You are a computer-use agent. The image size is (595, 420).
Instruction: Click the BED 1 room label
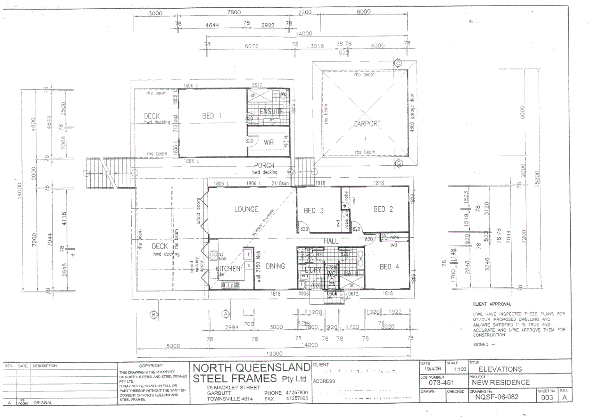(x=212, y=115)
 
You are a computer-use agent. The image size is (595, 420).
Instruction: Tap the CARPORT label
(x=367, y=124)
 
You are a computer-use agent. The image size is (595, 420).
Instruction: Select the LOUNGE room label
(x=246, y=209)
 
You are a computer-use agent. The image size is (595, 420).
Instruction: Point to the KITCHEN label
(x=228, y=268)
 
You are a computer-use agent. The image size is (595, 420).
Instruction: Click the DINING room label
(x=275, y=266)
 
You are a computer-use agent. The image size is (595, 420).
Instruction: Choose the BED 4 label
(x=389, y=266)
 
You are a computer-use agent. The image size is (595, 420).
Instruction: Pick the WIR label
(x=269, y=142)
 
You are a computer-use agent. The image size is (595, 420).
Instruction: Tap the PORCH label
(x=264, y=165)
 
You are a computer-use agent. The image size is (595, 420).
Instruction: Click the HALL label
(x=331, y=241)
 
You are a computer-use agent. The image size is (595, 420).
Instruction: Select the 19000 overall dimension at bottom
(x=274, y=353)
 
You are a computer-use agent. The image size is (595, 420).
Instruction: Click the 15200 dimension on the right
(x=537, y=179)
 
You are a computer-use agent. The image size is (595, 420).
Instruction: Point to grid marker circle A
(x=225, y=314)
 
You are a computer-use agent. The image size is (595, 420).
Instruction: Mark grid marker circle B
(x=154, y=315)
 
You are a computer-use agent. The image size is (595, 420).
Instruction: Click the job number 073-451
(x=441, y=383)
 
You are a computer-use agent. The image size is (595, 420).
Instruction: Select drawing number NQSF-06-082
(x=496, y=397)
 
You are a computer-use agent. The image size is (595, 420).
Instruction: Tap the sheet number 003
(x=547, y=397)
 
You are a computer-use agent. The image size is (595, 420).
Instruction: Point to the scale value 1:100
(x=459, y=369)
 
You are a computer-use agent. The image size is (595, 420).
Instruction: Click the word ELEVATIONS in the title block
(x=500, y=369)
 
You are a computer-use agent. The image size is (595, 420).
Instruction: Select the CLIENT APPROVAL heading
(x=492, y=304)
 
